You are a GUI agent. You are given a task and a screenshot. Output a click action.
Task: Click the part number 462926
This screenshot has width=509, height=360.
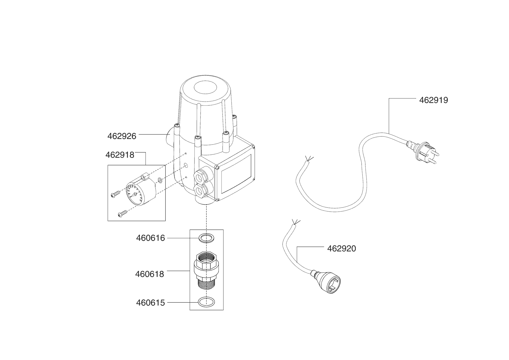tap(122, 136)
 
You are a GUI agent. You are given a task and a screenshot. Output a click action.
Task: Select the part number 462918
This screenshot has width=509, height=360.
tap(120, 155)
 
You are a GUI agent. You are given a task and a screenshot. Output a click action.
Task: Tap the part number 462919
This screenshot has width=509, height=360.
tap(434, 100)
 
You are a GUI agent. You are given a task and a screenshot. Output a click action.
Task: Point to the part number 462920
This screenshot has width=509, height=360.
tap(342, 249)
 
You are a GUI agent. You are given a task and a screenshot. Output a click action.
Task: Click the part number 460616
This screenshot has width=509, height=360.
tap(150, 238)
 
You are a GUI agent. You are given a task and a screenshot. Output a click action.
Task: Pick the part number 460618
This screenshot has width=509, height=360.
tap(149, 274)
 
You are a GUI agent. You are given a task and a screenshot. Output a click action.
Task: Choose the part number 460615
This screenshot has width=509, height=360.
tap(150, 303)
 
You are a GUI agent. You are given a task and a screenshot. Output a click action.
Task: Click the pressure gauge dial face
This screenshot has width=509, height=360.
tap(134, 195)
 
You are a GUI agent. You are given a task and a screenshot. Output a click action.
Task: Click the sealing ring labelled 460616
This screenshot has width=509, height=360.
tap(206, 238)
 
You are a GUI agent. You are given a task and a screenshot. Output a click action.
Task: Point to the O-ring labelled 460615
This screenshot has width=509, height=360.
tap(206, 302)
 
